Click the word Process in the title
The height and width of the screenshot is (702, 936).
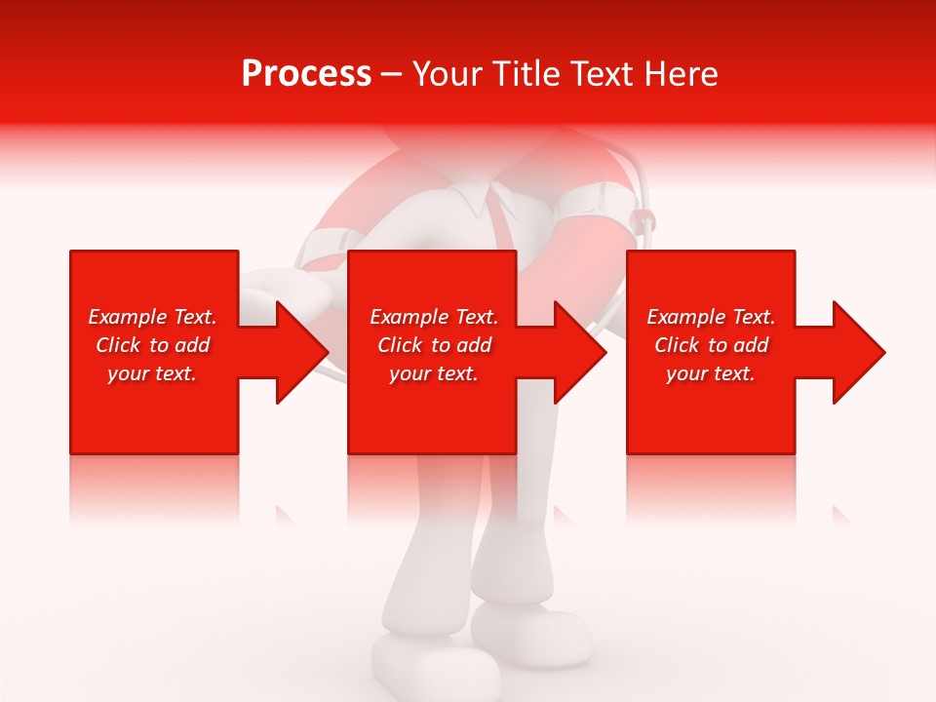click(x=306, y=74)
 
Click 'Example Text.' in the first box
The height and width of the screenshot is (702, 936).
click(x=152, y=317)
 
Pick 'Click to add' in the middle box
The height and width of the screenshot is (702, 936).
click(x=434, y=345)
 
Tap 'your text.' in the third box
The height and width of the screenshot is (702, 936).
click(x=711, y=373)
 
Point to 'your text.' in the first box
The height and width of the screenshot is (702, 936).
click(x=152, y=373)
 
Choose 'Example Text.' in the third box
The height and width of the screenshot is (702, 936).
click(x=711, y=317)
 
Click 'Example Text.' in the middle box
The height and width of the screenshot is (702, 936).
click(x=434, y=317)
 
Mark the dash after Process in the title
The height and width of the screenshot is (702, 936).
click(x=392, y=74)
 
